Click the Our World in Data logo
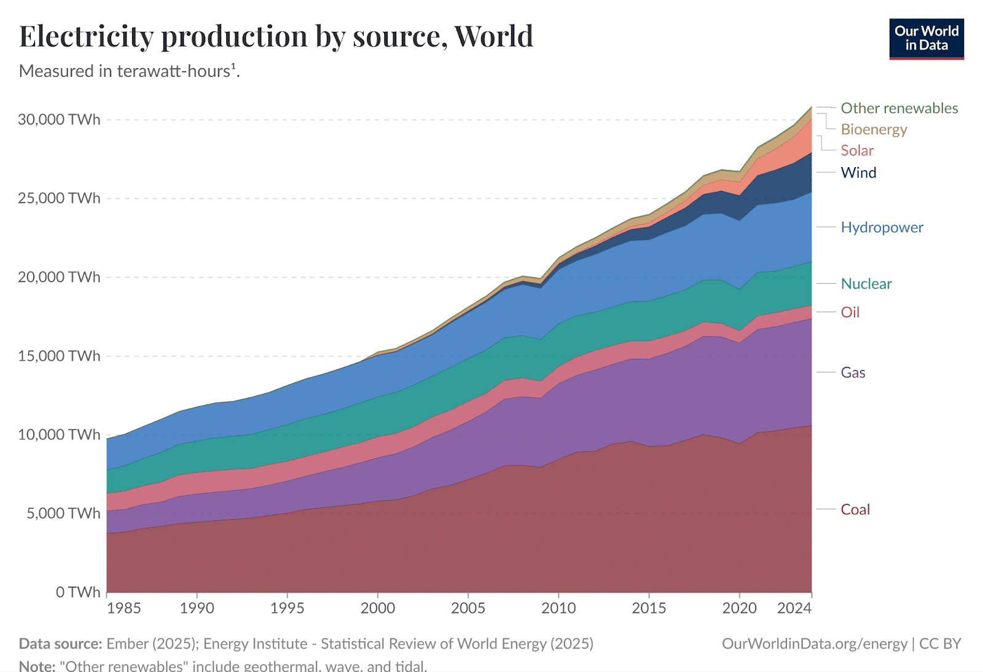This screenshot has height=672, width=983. [926, 39]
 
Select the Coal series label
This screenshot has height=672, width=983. [855, 509]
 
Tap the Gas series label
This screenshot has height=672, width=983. [853, 372]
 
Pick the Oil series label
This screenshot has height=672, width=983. [850, 312]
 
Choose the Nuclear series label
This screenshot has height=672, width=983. [866, 284]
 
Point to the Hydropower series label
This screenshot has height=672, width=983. [882, 227]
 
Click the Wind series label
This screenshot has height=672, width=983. [858, 173]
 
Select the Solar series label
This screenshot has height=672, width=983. [857, 150]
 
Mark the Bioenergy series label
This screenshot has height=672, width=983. [874, 129]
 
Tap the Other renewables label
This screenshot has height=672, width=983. [899, 108]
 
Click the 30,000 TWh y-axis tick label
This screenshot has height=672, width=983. [59, 119]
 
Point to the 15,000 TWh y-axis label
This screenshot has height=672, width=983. [59, 356]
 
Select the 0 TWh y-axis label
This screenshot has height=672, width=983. [77, 592]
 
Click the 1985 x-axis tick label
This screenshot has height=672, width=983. [123, 608]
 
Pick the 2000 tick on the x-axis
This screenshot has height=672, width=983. [378, 608]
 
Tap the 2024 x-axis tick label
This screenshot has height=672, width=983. [794, 608]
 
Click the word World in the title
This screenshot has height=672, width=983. [493, 36]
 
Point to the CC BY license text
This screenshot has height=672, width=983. [940, 644]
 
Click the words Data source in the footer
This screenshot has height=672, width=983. [60, 644]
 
